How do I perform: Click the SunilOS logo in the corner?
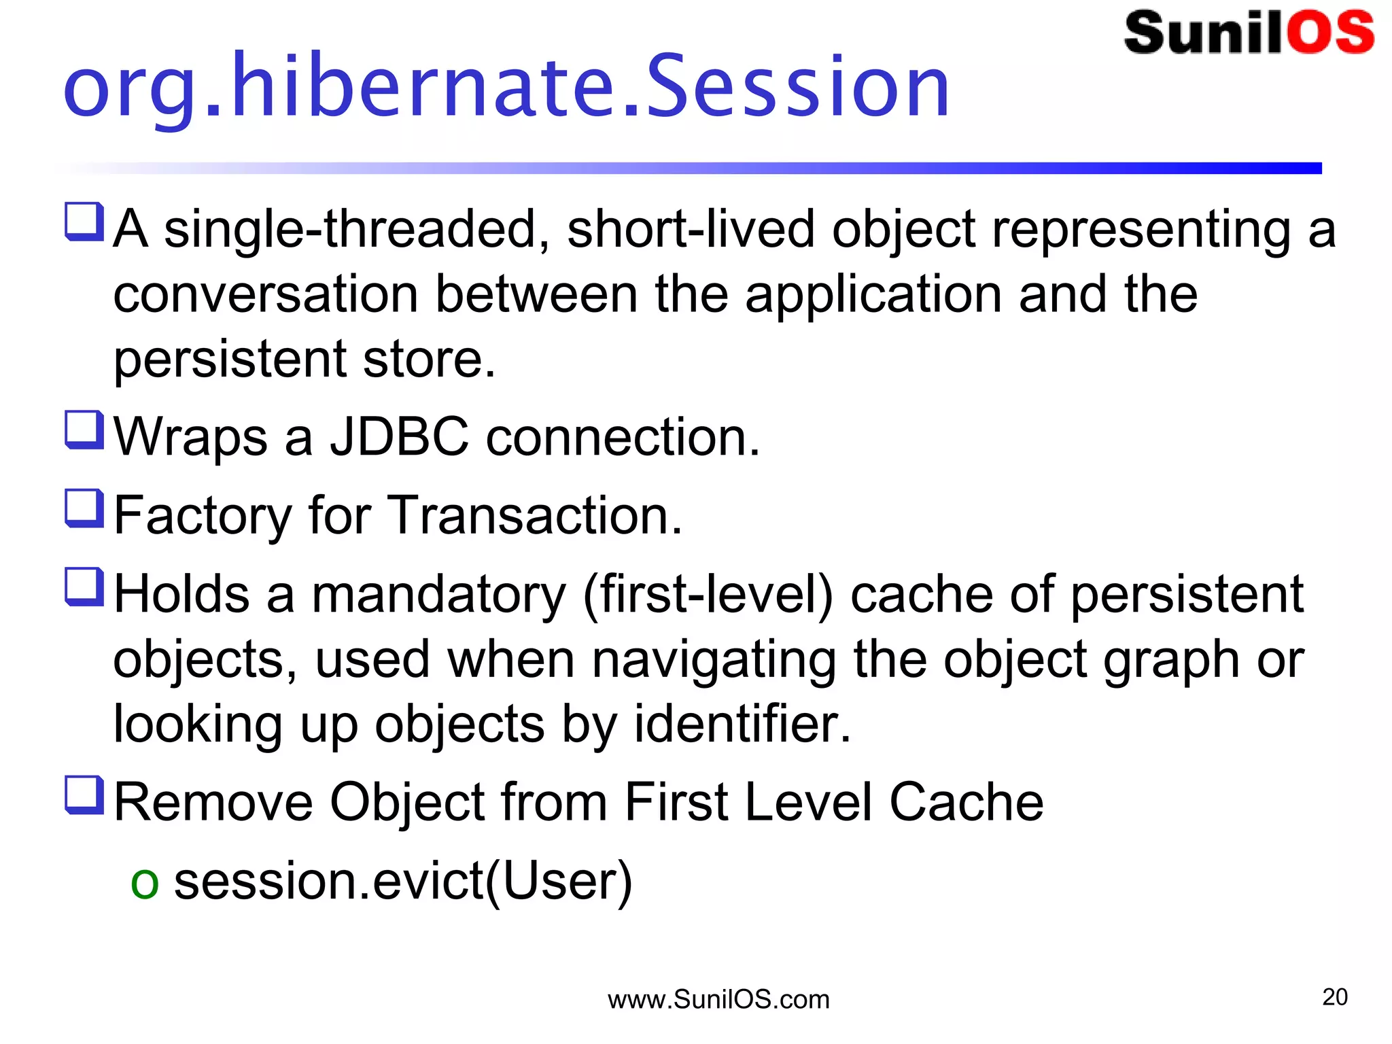click(x=1249, y=33)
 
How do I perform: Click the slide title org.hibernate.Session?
click(x=506, y=87)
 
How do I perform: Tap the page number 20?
click(x=1335, y=997)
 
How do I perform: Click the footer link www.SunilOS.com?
click(x=718, y=1000)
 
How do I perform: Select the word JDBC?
click(x=400, y=436)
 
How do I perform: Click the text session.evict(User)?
click(x=403, y=881)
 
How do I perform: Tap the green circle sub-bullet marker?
click(x=145, y=884)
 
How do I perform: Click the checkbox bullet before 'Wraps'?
click(x=84, y=430)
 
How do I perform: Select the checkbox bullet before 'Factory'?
click(x=84, y=508)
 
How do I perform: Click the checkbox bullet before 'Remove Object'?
click(x=84, y=795)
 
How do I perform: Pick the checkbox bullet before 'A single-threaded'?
click(x=84, y=222)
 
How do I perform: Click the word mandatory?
click(x=438, y=595)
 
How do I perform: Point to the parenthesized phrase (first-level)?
click(x=708, y=595)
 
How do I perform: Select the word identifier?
click(x=742, y=724)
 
